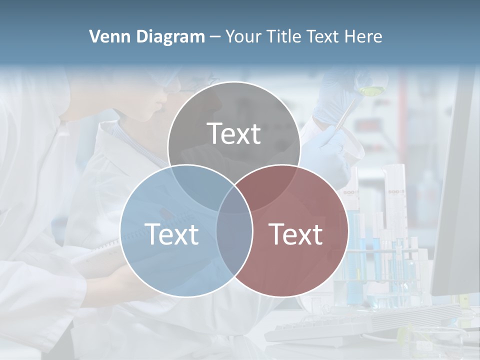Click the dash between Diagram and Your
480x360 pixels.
[x=215, y=37]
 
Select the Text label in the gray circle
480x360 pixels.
[x=234, y=133]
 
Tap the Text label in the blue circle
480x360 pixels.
[x=171, y=234]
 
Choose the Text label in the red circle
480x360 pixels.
[x=296, y=234]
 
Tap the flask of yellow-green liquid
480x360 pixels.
[x=370, y=90]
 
